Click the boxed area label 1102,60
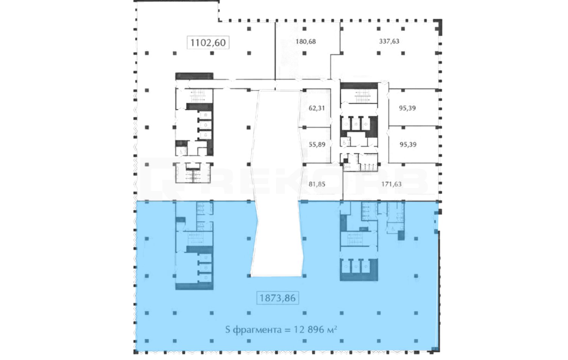click(208, 42)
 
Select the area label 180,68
click(306, 41)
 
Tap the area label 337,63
click(389, 41)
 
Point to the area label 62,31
click(317, 108)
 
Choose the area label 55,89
click(317, 144)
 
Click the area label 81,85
click(317, 184)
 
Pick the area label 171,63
click(392, 184)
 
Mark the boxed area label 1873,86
click(278, 298)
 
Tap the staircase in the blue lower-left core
click(196, 239)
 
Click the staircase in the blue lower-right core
click(355, 239)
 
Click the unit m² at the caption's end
click(332, 329)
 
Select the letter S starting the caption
click(228, 330)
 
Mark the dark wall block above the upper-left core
click(194, 76)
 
